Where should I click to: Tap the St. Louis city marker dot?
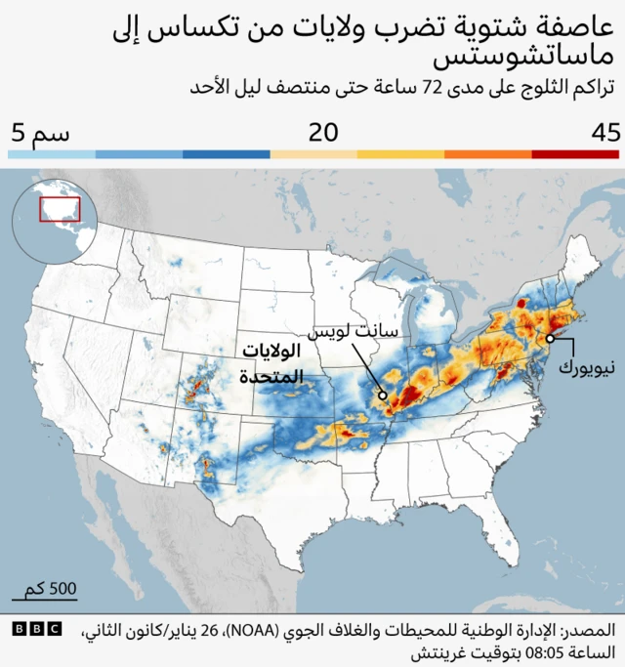click(383, 396)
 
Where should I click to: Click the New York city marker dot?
click(551, 338)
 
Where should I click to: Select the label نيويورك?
click(588, 369)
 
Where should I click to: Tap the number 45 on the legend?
click(604, 132)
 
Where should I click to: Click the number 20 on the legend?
click(322, 132)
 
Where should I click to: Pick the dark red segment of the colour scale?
click(575, 154)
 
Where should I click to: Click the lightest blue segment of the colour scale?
click(53, 154)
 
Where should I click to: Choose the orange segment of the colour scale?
click(487, 154)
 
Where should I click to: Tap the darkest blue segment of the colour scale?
click(227, 154)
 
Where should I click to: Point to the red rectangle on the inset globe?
click(59, 208)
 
